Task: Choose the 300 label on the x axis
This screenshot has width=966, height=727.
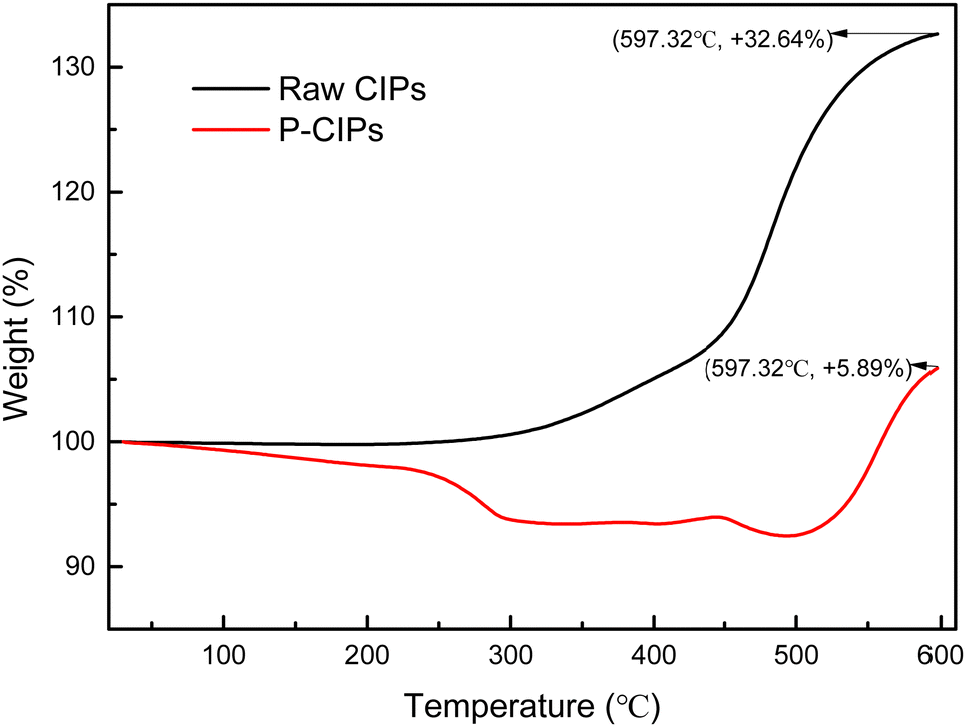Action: (510, 656)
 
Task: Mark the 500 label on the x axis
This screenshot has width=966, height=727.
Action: (796, 656)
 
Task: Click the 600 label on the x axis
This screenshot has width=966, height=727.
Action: (938, 656)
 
